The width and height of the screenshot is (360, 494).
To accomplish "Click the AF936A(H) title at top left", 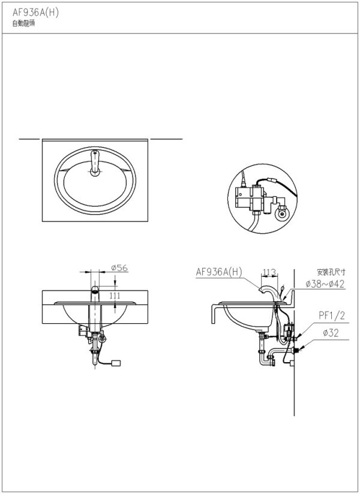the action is pos(35,13).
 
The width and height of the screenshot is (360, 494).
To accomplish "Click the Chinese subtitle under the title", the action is pos(23,24).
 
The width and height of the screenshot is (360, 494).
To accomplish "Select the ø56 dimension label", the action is pos(119,268).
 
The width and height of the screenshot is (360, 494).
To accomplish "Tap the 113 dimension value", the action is pos(269,272).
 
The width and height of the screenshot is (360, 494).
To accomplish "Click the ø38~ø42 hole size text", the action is pos(325,284).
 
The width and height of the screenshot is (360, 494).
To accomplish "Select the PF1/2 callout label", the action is pos(332,316).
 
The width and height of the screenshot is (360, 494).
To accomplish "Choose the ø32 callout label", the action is pos(331,333).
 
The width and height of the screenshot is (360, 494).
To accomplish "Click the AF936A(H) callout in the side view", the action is pos(219,272).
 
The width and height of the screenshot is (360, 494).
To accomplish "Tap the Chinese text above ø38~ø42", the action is pos(331,272).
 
